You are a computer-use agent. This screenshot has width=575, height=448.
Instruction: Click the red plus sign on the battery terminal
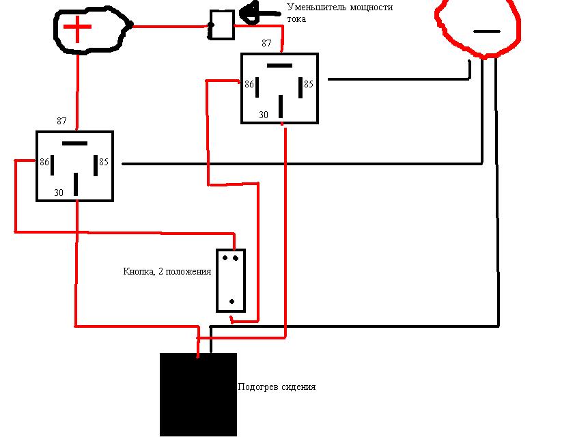[78, 29]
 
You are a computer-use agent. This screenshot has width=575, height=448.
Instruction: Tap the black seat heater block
[198, 395]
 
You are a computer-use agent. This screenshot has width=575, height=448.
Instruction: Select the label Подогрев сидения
[277, 387]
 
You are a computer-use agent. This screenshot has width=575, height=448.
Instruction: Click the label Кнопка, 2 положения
[167, 271]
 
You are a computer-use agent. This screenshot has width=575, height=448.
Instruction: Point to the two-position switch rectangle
[231, 281]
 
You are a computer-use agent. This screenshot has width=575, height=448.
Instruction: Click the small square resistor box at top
[222, 25]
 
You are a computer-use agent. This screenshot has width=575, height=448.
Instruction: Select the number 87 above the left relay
[62, 121]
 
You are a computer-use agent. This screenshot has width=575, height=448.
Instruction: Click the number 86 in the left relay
[44, 163]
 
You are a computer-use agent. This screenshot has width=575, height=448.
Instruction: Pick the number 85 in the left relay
[104, 163]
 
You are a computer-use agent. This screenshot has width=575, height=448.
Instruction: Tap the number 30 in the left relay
[59, 193]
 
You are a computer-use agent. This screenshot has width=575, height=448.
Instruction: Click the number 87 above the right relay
[266, 43]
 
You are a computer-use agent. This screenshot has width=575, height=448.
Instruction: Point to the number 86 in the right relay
[249, 85]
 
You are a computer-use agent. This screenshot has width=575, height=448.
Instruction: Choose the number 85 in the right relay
[309, 85]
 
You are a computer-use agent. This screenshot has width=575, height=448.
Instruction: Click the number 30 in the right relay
[264, 115]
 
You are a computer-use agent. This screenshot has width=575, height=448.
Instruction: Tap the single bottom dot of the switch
[232, 301]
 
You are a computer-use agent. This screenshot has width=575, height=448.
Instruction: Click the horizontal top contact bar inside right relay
[279, 66]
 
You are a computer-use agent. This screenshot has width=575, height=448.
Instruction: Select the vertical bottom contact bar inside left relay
[76, 184]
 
